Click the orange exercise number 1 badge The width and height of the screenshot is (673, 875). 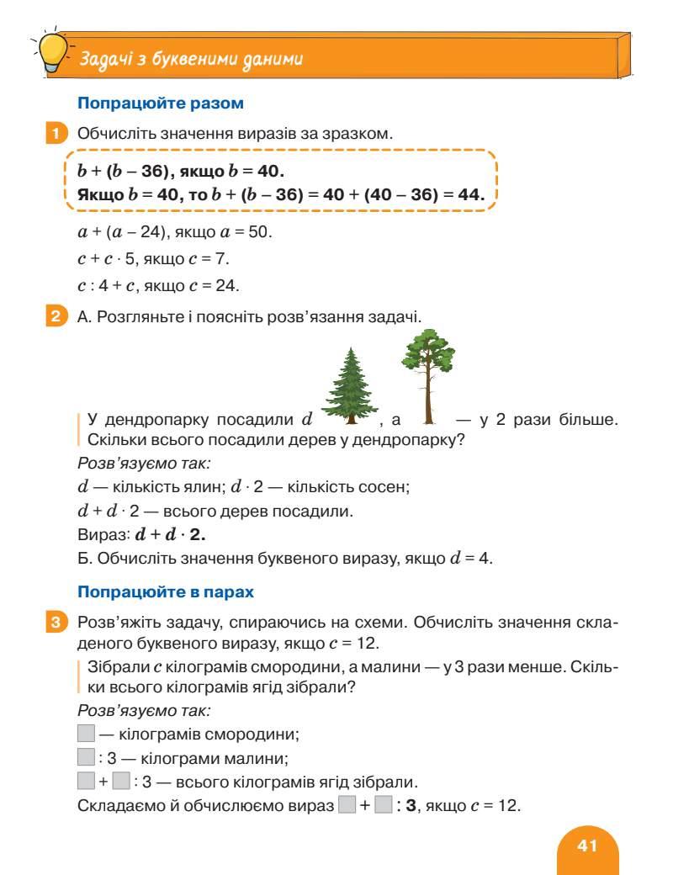click(x=54, y=133)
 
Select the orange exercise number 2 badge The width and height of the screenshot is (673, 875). click(x=54, y=317)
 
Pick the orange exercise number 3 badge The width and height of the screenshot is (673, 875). click(x=54, y=623)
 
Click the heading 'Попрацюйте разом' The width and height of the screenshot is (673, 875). click(x=160, y=104)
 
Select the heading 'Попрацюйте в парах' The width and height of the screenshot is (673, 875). click(x=165, y=591)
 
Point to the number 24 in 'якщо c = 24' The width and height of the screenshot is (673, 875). click(x=225, y=285)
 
